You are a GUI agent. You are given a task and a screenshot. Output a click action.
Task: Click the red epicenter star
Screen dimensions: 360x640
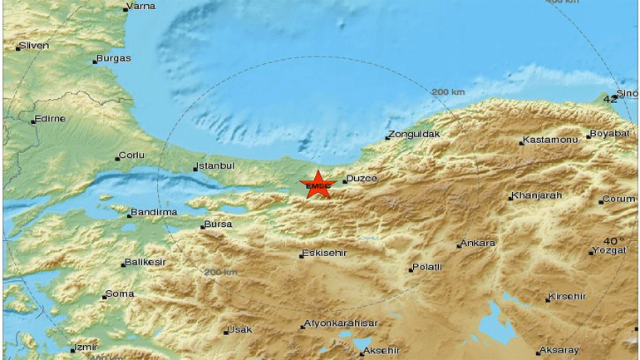(x=317, y=185)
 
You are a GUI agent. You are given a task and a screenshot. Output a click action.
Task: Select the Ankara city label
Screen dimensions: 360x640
(x=479, y=244)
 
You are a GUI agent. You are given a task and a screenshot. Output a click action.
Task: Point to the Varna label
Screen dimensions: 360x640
(x=141, y=7)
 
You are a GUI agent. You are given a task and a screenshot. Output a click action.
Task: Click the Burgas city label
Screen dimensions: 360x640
(x=114, y=58)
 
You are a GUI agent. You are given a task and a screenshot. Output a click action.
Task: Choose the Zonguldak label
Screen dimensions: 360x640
(x=416, y=134)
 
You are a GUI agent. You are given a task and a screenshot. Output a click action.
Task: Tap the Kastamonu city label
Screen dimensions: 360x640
(x=549, y=141)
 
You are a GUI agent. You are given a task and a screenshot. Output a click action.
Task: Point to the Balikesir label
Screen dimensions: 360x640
(x=146, y=263)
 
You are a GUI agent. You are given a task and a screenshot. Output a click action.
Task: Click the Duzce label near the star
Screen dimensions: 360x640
(x=362, y=179)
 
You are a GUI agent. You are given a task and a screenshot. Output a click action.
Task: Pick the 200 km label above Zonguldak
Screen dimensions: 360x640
(x=448, y=91)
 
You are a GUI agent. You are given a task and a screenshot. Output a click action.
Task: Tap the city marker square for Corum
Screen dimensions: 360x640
(x=601, y=200)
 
